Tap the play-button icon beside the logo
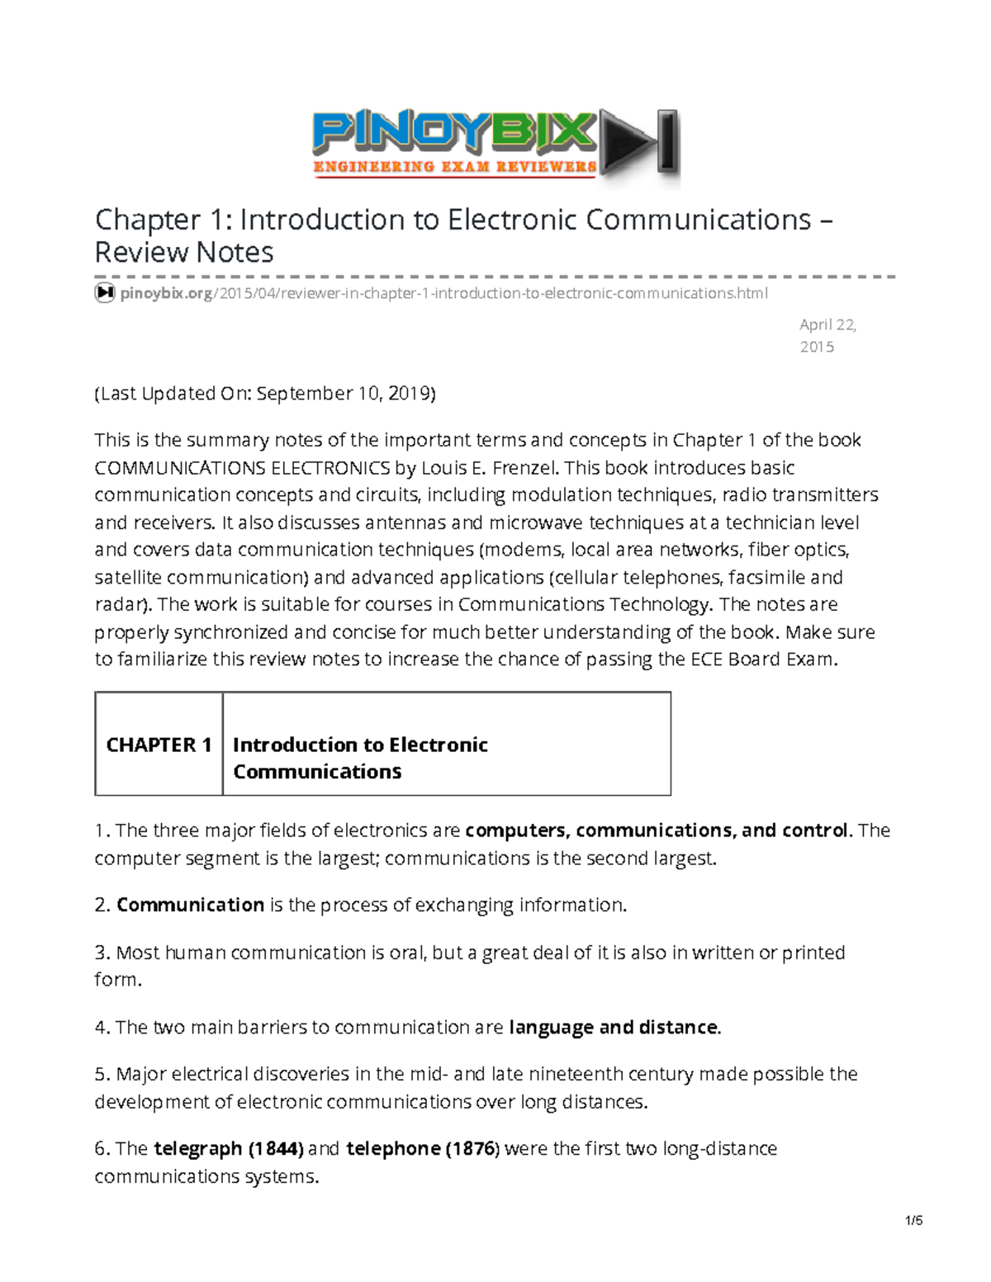tap(638, 143)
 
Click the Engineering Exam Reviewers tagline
tap(454, 167)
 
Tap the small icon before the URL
tap(104, 293)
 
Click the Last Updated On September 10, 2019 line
tap(264, 393)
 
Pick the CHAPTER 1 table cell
tap(159, 745)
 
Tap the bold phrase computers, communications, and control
tap(657, 830)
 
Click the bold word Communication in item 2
tap(190, 905)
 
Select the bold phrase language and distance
tap(614, 1027)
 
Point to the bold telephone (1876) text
tap(422, 1148)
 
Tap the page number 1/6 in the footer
tap(913, 1221)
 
